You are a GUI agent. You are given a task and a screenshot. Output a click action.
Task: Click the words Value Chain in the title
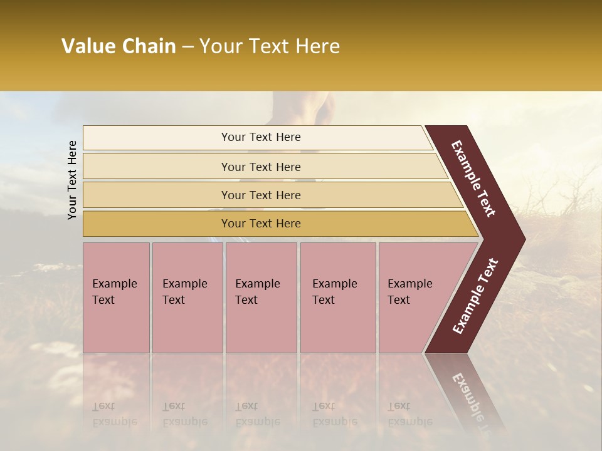pos(119,46)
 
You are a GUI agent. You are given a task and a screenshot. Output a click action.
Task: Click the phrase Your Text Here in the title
pos(270,46)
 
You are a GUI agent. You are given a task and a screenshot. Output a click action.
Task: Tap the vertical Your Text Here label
pos(73,180)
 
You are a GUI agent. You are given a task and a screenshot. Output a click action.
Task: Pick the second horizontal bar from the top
pos(260,167)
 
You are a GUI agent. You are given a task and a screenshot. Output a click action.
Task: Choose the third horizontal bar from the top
pos(260,195)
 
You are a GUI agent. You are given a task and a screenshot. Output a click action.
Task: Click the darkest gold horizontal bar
pos(260,224)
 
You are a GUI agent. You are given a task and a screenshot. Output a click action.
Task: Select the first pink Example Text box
pos(116,297)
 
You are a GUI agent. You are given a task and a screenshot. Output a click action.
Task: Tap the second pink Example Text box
pos(187,297)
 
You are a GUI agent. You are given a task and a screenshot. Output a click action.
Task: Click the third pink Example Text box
pos(261,297)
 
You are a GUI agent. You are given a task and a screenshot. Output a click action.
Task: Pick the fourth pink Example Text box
pos(338,297)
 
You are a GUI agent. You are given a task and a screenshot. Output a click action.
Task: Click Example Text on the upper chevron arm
pos(474,179)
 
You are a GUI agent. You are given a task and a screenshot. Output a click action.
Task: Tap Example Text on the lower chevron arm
pos(475,296)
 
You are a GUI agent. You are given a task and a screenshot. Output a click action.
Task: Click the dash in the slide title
pos(187,47)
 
